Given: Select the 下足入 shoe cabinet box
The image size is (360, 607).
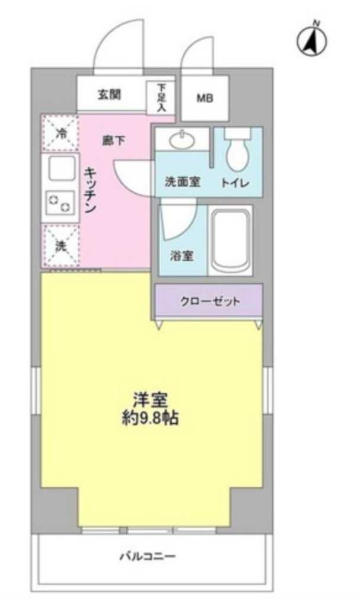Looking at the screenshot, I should pyautogui.click(x=161, y=98).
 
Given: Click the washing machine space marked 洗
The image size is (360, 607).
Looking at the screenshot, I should pyautogui.click(x=60, y=246).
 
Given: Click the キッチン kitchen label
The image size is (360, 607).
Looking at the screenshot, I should pyautogui.click(x=91, y=190).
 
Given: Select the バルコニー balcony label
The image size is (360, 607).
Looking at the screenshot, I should pyautogui.click(x=148, y=557).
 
